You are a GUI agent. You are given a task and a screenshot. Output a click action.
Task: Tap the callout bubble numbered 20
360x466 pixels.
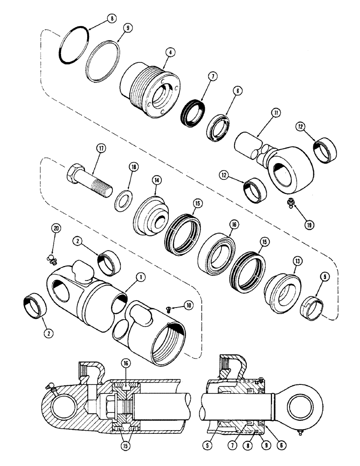[56, 229]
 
